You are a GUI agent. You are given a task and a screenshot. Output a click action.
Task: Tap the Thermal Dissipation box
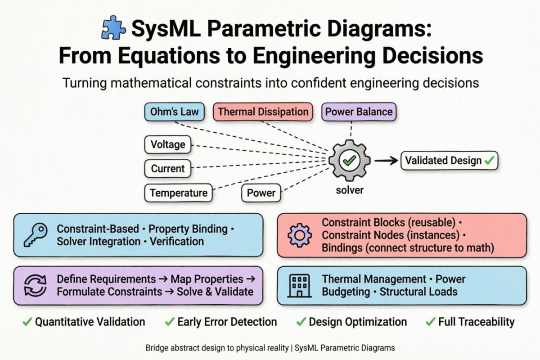(263, 112)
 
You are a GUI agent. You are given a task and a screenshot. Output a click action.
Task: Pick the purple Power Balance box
(359, 112)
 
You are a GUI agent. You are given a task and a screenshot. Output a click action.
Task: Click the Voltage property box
(168, 144)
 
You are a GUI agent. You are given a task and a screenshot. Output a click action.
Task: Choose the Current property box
(168, 169)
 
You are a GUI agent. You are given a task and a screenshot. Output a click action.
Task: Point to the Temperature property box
(179, 193)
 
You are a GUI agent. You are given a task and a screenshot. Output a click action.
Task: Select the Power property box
(261, 193)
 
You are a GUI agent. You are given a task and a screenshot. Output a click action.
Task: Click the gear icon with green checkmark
(350, 160)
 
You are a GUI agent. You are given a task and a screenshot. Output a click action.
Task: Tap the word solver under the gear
(350, 190)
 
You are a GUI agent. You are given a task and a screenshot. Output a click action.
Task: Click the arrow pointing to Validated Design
(386, 161)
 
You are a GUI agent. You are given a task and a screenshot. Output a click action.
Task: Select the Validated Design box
(449, 161)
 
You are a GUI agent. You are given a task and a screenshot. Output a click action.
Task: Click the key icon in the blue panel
(35, 235)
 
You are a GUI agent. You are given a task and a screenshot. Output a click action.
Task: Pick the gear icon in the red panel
(299, 235)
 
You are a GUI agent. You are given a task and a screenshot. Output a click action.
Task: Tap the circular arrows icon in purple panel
(35, 285)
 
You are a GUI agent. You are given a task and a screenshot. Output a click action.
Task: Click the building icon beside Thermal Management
(299, 285)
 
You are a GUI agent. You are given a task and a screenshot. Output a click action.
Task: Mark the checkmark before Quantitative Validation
(27, 322)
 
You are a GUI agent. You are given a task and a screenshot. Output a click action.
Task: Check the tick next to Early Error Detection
(169, 322)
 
